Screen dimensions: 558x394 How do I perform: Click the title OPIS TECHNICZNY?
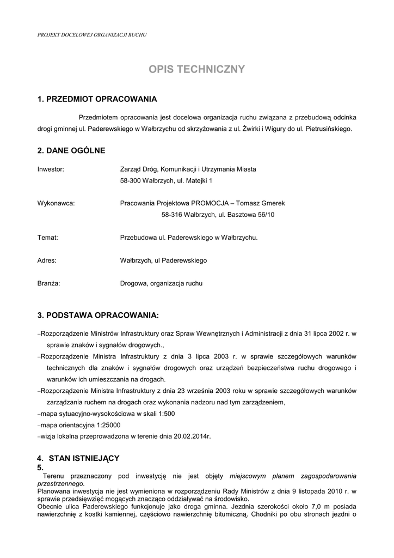coord(197,69)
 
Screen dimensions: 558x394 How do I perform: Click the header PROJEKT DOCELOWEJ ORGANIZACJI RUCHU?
coord(92,35)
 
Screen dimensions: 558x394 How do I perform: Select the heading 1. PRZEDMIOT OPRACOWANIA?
coord(97,99)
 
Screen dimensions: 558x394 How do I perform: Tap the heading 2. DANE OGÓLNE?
coord(71,150)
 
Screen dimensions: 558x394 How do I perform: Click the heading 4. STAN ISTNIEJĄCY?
coord(78,458)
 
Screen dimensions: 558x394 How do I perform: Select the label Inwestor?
coord(51,169)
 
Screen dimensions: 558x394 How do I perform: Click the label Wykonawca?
coord(56,203)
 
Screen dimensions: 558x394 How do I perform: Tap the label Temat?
coord(47,238)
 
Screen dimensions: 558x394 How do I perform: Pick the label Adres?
coord(47,260)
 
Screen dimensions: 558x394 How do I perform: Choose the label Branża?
coord(48,283)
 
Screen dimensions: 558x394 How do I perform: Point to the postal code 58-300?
coord(130,180)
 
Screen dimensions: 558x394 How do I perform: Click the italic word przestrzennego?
coord(60,483)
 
